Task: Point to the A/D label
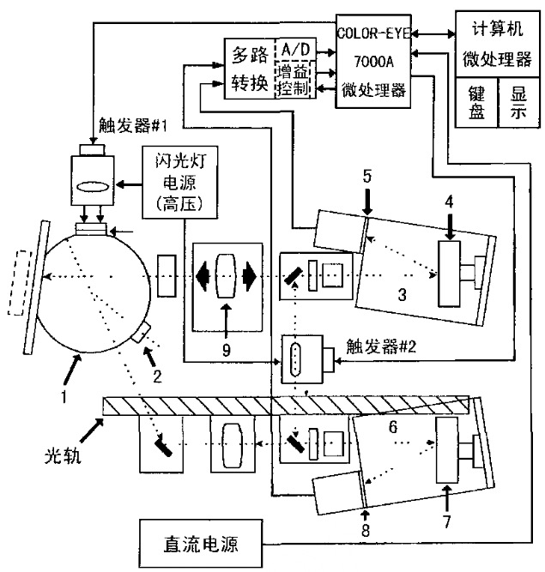coord(294,51)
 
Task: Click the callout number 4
coord(448,203)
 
